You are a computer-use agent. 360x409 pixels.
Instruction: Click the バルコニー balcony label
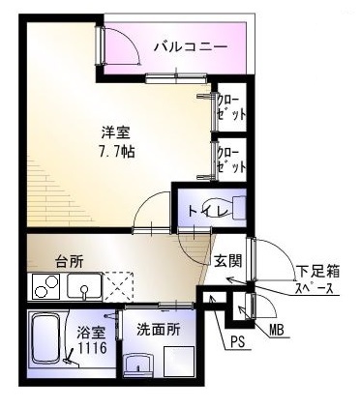point(191,45)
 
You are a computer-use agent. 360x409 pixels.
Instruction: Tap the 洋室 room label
point(117,131)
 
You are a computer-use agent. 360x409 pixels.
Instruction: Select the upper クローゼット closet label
point(230,107)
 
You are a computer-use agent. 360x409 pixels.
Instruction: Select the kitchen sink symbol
point(83,287)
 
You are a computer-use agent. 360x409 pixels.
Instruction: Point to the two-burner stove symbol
point(45,287)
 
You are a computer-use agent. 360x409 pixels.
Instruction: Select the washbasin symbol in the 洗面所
point(139,365)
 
